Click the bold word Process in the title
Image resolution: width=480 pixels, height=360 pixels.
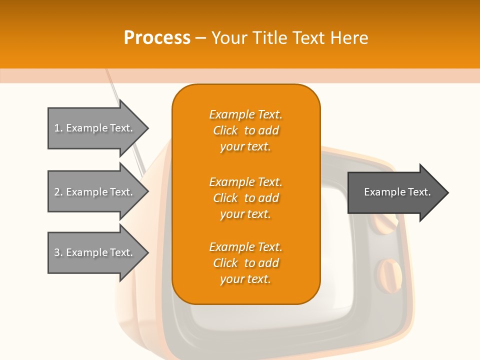point(157,38)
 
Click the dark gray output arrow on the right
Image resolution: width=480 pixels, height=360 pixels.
point(395,192)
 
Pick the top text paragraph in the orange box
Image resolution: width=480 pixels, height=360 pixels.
point(245,130)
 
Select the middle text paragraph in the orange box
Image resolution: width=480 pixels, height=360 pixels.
point(245,198)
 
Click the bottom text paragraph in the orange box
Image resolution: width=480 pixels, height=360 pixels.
point(245,263)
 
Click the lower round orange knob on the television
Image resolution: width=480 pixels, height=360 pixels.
point(389,275)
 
